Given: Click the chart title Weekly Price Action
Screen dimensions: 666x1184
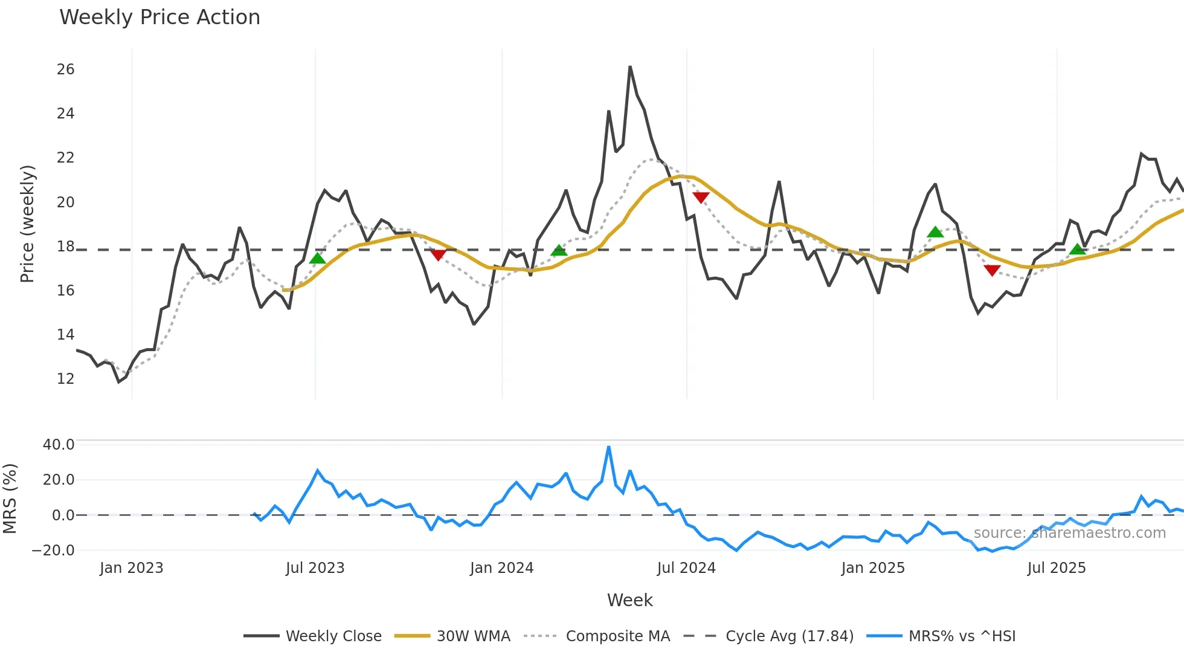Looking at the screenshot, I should (159, 18).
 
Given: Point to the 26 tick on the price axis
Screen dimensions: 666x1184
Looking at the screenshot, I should (65, 70).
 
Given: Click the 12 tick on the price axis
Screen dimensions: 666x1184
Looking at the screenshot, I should (65, 379).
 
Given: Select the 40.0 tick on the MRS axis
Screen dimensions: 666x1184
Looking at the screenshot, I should (59, 445).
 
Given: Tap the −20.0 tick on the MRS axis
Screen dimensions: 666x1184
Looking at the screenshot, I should (54, 551).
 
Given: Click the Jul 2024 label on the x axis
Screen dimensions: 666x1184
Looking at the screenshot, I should (686, 568).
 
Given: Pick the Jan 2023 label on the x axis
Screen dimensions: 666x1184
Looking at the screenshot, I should (132, 568).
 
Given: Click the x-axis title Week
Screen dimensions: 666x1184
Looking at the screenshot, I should (629, 600).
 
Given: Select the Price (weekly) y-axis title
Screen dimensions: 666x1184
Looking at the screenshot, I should (28, 224).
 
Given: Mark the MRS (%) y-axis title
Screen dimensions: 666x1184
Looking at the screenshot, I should (10, 499).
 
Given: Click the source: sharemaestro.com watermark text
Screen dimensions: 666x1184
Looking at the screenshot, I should (1069, 533).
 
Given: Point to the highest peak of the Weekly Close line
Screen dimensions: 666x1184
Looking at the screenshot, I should (630, 67).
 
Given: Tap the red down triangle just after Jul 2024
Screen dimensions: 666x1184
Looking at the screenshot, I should (701, 197).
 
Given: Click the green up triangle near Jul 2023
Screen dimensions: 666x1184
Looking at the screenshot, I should (317, 259).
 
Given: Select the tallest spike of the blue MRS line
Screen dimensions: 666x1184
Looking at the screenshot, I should (608, 447).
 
